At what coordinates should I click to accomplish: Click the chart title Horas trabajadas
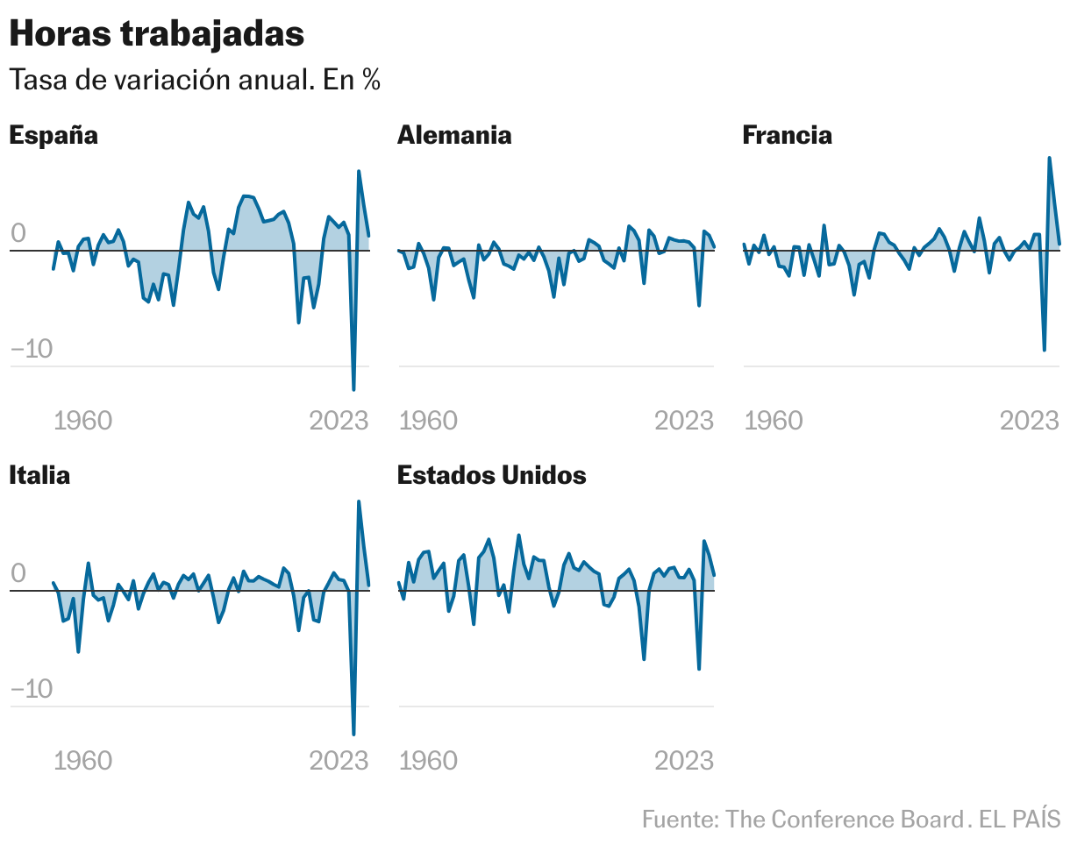coord(157,33)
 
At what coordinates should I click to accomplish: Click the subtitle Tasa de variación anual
coord(194,80)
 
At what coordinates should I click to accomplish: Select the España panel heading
coord(53,135)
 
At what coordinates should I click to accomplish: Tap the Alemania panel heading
coord(453,135)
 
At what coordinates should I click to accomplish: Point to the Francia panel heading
coord(787,135)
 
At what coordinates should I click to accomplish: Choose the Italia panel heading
coord(39,475)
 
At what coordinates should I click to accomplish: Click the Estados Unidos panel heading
coord(491,475)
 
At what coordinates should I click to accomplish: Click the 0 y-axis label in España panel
coord(18,234)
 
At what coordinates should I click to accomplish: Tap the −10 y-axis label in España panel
coord(31,350)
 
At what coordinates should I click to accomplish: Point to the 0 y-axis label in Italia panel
coord(18,574)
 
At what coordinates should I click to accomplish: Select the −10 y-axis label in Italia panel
coord(31,690)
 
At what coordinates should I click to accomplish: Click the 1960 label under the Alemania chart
coord(428,421)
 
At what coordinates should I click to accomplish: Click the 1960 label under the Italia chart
coord(83,760)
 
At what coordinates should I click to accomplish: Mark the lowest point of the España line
coord(353,389)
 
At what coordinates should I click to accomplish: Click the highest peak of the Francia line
coord(1049,158)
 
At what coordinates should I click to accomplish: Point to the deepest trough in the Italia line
coord(353,734)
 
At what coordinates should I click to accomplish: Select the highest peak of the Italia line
coord(359,501)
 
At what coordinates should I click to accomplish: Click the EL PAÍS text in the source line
coord(1020,820)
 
